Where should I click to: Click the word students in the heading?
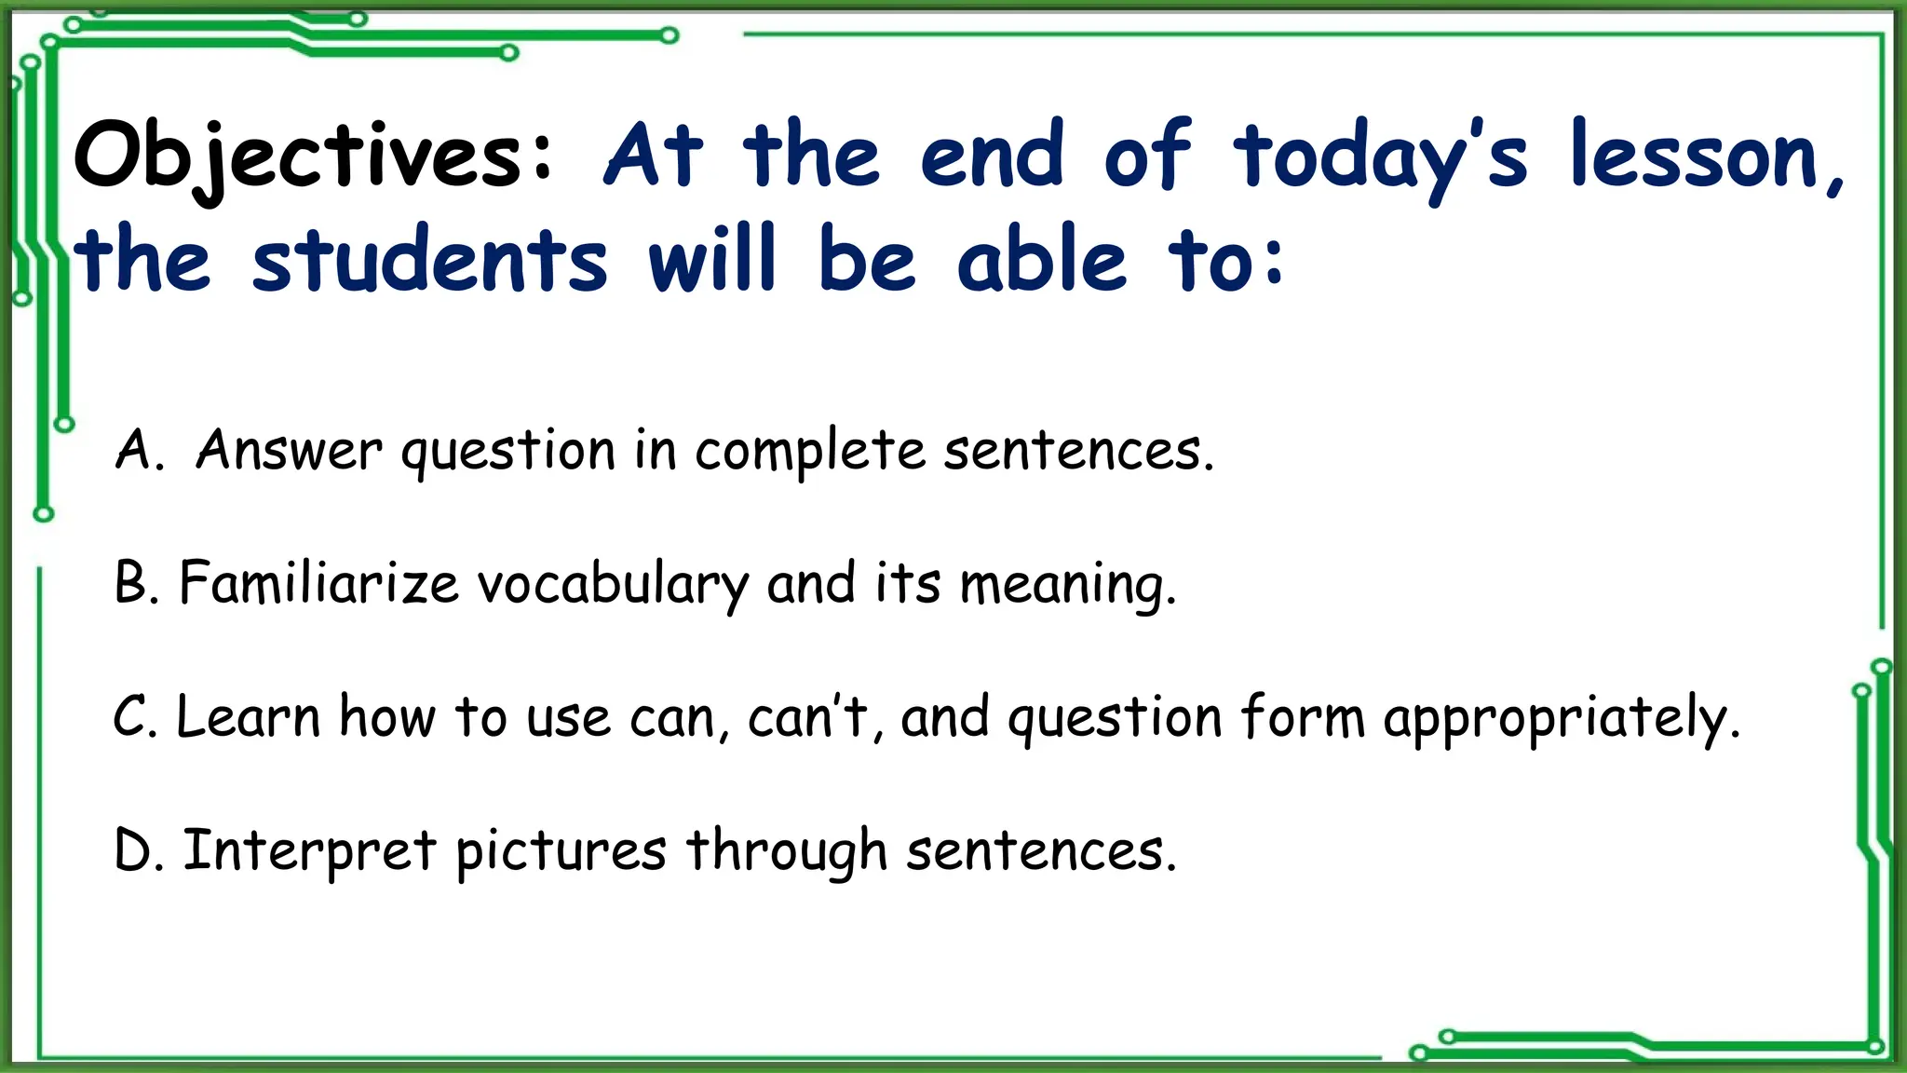coord(429,261)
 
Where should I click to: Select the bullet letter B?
coord(133,584)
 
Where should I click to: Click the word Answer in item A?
coord(289,451)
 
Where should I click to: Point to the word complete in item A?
coord(809,453)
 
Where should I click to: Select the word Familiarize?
coord(318,584)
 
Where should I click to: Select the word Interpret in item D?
coord(309,851)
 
